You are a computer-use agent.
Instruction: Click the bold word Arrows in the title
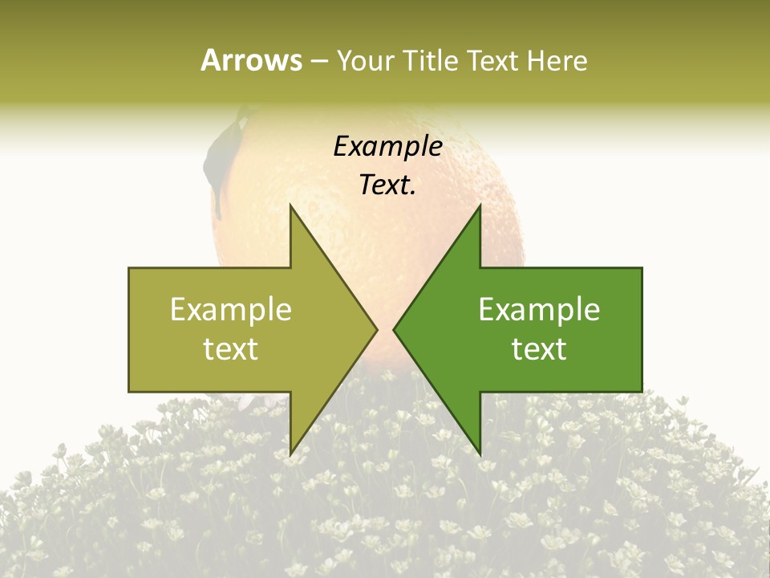pyautogui.click(x=251, y=60)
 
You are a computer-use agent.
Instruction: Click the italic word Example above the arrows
pyautogui.click(x=387, y=147)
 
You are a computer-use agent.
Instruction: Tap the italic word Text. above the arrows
pyautogui.click(x=387, y=185)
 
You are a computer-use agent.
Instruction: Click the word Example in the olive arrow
pyautogui.click(x=231, y=309)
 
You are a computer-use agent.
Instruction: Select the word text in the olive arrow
pyautogui.click(x=231, y=348)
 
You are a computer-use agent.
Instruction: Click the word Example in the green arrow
pyautogui.click(x=539, y=309)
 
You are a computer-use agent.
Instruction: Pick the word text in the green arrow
pyautogui.click(x=539, y=348)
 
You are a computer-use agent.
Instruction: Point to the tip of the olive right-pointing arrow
pyautogui.click(x=376, y=329)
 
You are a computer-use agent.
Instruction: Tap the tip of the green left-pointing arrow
pyautogui.click(x=394, y=329)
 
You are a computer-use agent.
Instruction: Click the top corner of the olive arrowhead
pyautogui.click(x=290, y=206)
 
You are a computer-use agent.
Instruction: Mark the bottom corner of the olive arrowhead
pyautogui.click(x=290, y=454)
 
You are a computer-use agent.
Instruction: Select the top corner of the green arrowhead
pyautogui.click(x=480, y=206)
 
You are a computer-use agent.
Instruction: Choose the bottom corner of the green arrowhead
pyautogui.click(x=480, y=454)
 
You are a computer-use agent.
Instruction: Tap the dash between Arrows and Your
pyautogui.click(x=318, y=61)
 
